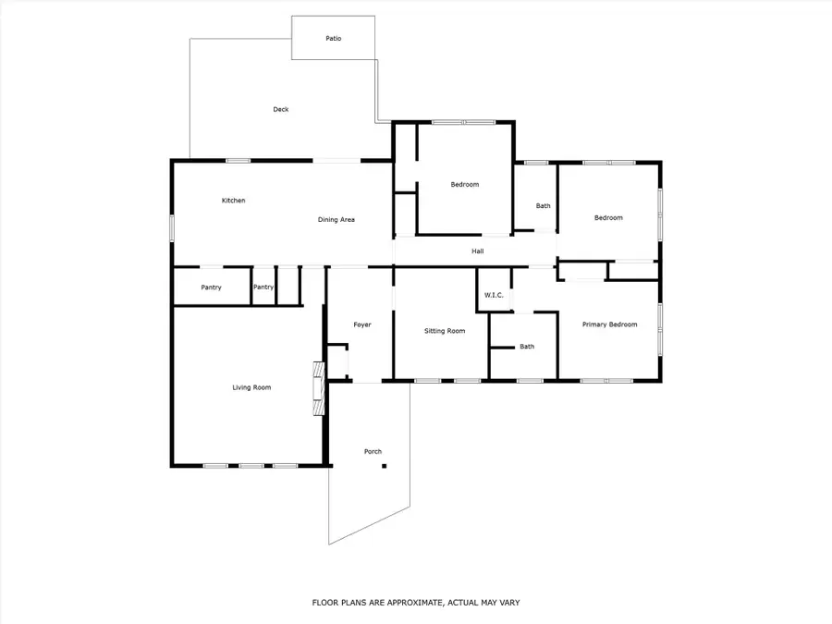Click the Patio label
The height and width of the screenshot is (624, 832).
(333, 39)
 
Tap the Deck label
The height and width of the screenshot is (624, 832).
(281, 109)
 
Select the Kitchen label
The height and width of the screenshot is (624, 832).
(233, 201)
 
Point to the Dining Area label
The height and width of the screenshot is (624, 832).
(336, 219)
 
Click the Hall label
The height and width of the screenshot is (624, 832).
(478, 251)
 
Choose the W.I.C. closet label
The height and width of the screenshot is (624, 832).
(493, 295)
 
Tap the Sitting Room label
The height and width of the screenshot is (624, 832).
(445, 330)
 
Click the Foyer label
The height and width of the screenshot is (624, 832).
(362, 324)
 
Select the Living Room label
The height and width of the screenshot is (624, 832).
(251, 387)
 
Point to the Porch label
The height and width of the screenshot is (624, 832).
(373, 451)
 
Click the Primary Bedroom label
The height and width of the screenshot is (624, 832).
(609, 324)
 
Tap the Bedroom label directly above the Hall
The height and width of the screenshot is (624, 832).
(465, 185)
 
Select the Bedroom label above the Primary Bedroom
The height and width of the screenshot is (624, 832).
(608, 218)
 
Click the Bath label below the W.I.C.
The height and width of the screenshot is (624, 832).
(527, 347)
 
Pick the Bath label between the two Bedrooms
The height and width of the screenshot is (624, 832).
(544, 205)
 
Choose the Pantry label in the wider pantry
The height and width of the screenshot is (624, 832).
(211, 288)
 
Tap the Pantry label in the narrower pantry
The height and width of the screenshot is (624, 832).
(263, 288)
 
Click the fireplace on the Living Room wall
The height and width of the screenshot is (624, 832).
(319, 388)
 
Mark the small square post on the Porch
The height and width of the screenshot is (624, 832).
(384, 466)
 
